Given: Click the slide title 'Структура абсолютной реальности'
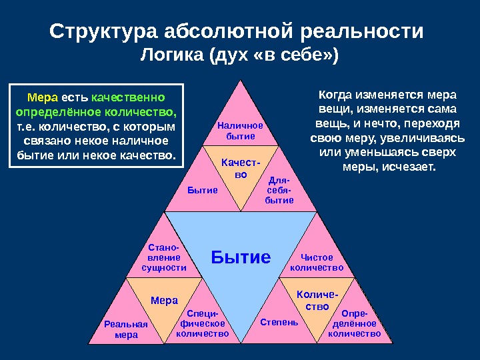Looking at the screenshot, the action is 237,32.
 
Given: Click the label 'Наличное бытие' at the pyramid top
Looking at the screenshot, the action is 241,131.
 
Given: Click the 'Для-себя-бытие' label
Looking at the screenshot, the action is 279,190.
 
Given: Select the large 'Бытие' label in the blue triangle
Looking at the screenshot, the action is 241,257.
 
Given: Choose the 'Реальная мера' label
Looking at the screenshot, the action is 126,329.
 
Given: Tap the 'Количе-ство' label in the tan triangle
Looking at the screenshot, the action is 317,300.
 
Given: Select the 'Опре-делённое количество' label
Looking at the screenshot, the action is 354,323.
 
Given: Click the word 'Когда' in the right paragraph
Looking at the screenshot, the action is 333,95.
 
